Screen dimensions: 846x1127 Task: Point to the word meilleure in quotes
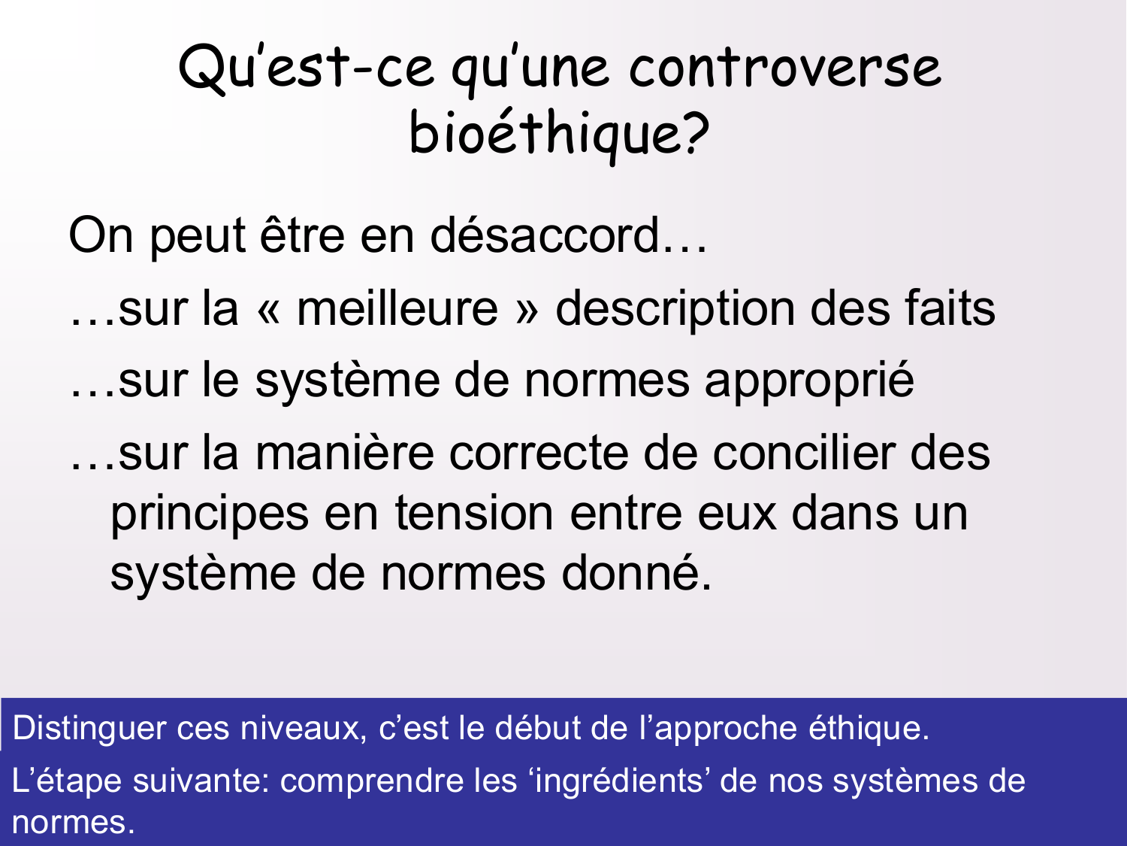click(397, 309)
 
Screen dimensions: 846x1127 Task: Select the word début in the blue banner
click(534, 729)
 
